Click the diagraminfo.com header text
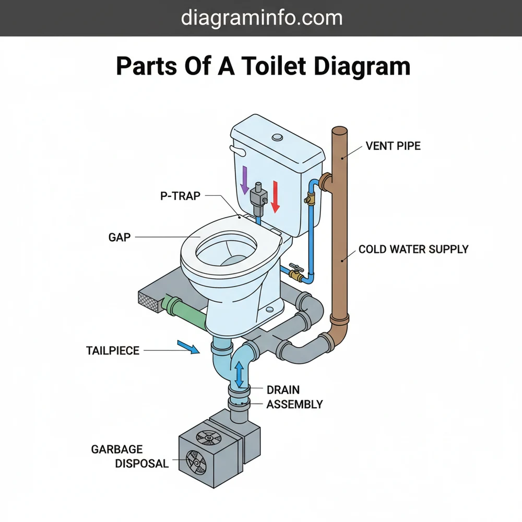tap(261, 18)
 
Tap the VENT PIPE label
tap(393, 146)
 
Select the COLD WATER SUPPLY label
tap(413, 249)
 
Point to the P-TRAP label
tap(180, 196)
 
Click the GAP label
tap(120, 237)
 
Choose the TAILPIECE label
tap(113, 350)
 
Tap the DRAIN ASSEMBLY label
tap(294, 397)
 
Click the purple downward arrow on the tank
tap(244, 180)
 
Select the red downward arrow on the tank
tap(276, 196)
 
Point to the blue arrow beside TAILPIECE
tap(188, 347)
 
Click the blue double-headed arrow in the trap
tap(239, 374)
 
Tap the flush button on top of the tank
tap(277, 138)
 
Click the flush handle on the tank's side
tap(238, 152)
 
